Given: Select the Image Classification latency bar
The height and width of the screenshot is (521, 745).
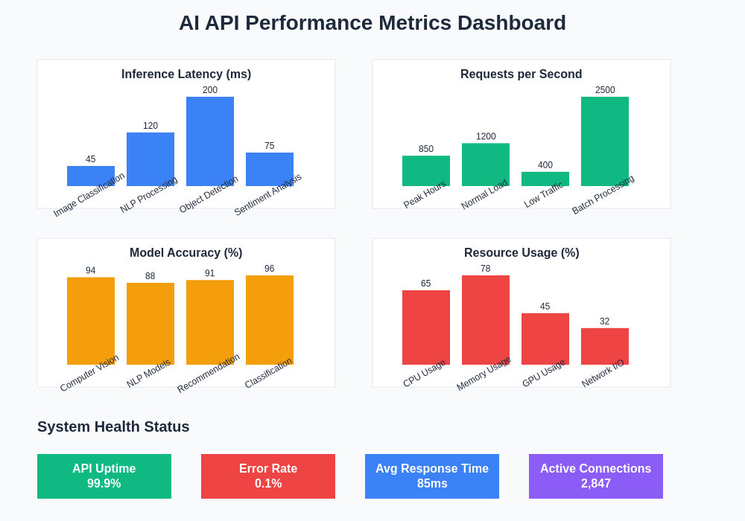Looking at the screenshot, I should tap(91, 176).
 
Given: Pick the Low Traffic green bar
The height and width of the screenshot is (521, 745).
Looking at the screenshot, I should tap(545, 179).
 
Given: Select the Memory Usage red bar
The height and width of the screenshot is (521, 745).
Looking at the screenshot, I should tap(486, 319).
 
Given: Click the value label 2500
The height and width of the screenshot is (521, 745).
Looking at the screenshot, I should tap(605, 90).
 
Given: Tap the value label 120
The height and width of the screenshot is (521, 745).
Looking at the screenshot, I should tap(150, 126).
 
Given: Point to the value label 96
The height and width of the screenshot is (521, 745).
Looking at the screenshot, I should tap(270, 269).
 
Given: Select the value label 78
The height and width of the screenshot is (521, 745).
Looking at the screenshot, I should tap(486, 269).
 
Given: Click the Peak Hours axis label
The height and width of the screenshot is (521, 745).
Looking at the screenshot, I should tap(425, 194).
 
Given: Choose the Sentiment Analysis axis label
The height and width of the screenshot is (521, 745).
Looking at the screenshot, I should tap(268, 194).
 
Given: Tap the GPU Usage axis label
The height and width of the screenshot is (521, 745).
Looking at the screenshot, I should tap(544, 373).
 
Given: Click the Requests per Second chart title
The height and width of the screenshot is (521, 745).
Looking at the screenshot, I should tap(521, 74).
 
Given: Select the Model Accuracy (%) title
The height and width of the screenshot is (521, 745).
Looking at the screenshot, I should tap(186, 253).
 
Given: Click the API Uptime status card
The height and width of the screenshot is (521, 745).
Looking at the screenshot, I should tap(104, 476).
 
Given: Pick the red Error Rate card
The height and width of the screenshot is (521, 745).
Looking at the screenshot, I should tap(268, 476).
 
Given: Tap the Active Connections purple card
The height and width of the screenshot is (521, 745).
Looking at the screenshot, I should tap(596, 476).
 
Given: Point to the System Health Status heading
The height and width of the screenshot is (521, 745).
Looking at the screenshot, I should tap(113, 426).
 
